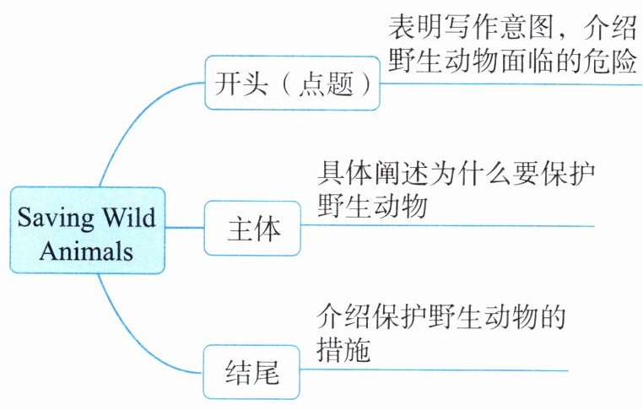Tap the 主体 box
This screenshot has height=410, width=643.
pos(254,229)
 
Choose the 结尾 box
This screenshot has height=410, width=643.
pos(252,372)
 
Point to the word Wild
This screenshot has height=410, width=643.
pos(127,217)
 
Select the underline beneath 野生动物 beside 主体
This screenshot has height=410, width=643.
pos(447,226)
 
